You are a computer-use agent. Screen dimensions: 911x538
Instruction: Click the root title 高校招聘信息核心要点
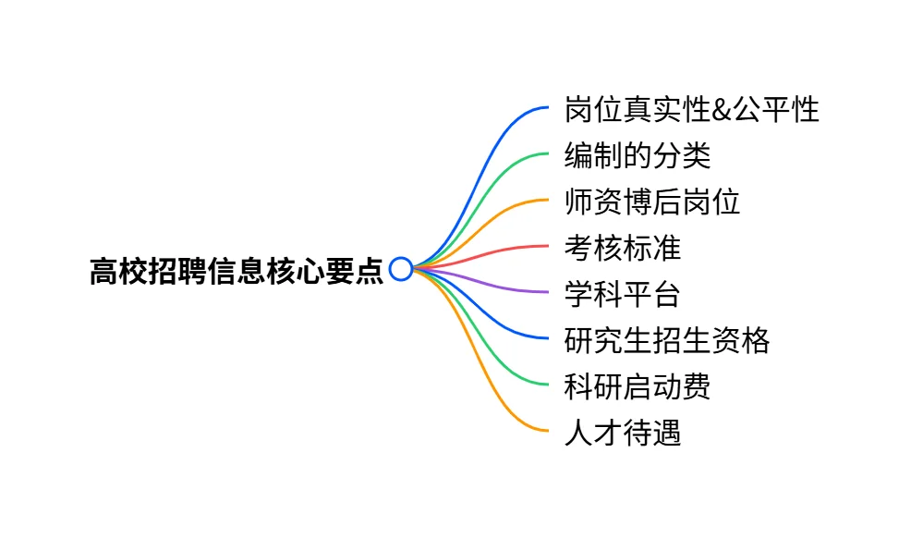click(236, 270)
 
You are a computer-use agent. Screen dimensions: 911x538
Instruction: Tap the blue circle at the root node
click(400, 269)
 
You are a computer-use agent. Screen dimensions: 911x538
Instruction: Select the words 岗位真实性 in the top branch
click(637, 110)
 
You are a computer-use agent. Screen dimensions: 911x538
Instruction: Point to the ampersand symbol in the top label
click(720, 110)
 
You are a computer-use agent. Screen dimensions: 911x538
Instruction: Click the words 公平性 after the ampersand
click(774, 110)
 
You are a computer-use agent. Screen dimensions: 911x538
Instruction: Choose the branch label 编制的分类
click(637, 156)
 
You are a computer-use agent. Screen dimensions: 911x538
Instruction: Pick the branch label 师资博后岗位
click(651, 202)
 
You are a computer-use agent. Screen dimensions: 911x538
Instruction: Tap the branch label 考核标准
click(622, 248)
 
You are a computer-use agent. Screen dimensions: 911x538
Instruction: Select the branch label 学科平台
click(622, 294)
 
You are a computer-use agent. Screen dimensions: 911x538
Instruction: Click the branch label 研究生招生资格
click(666, 340)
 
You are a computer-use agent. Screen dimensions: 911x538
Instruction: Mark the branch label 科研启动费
click(637, 385)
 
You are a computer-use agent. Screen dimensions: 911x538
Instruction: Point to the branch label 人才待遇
click(622, 432)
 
